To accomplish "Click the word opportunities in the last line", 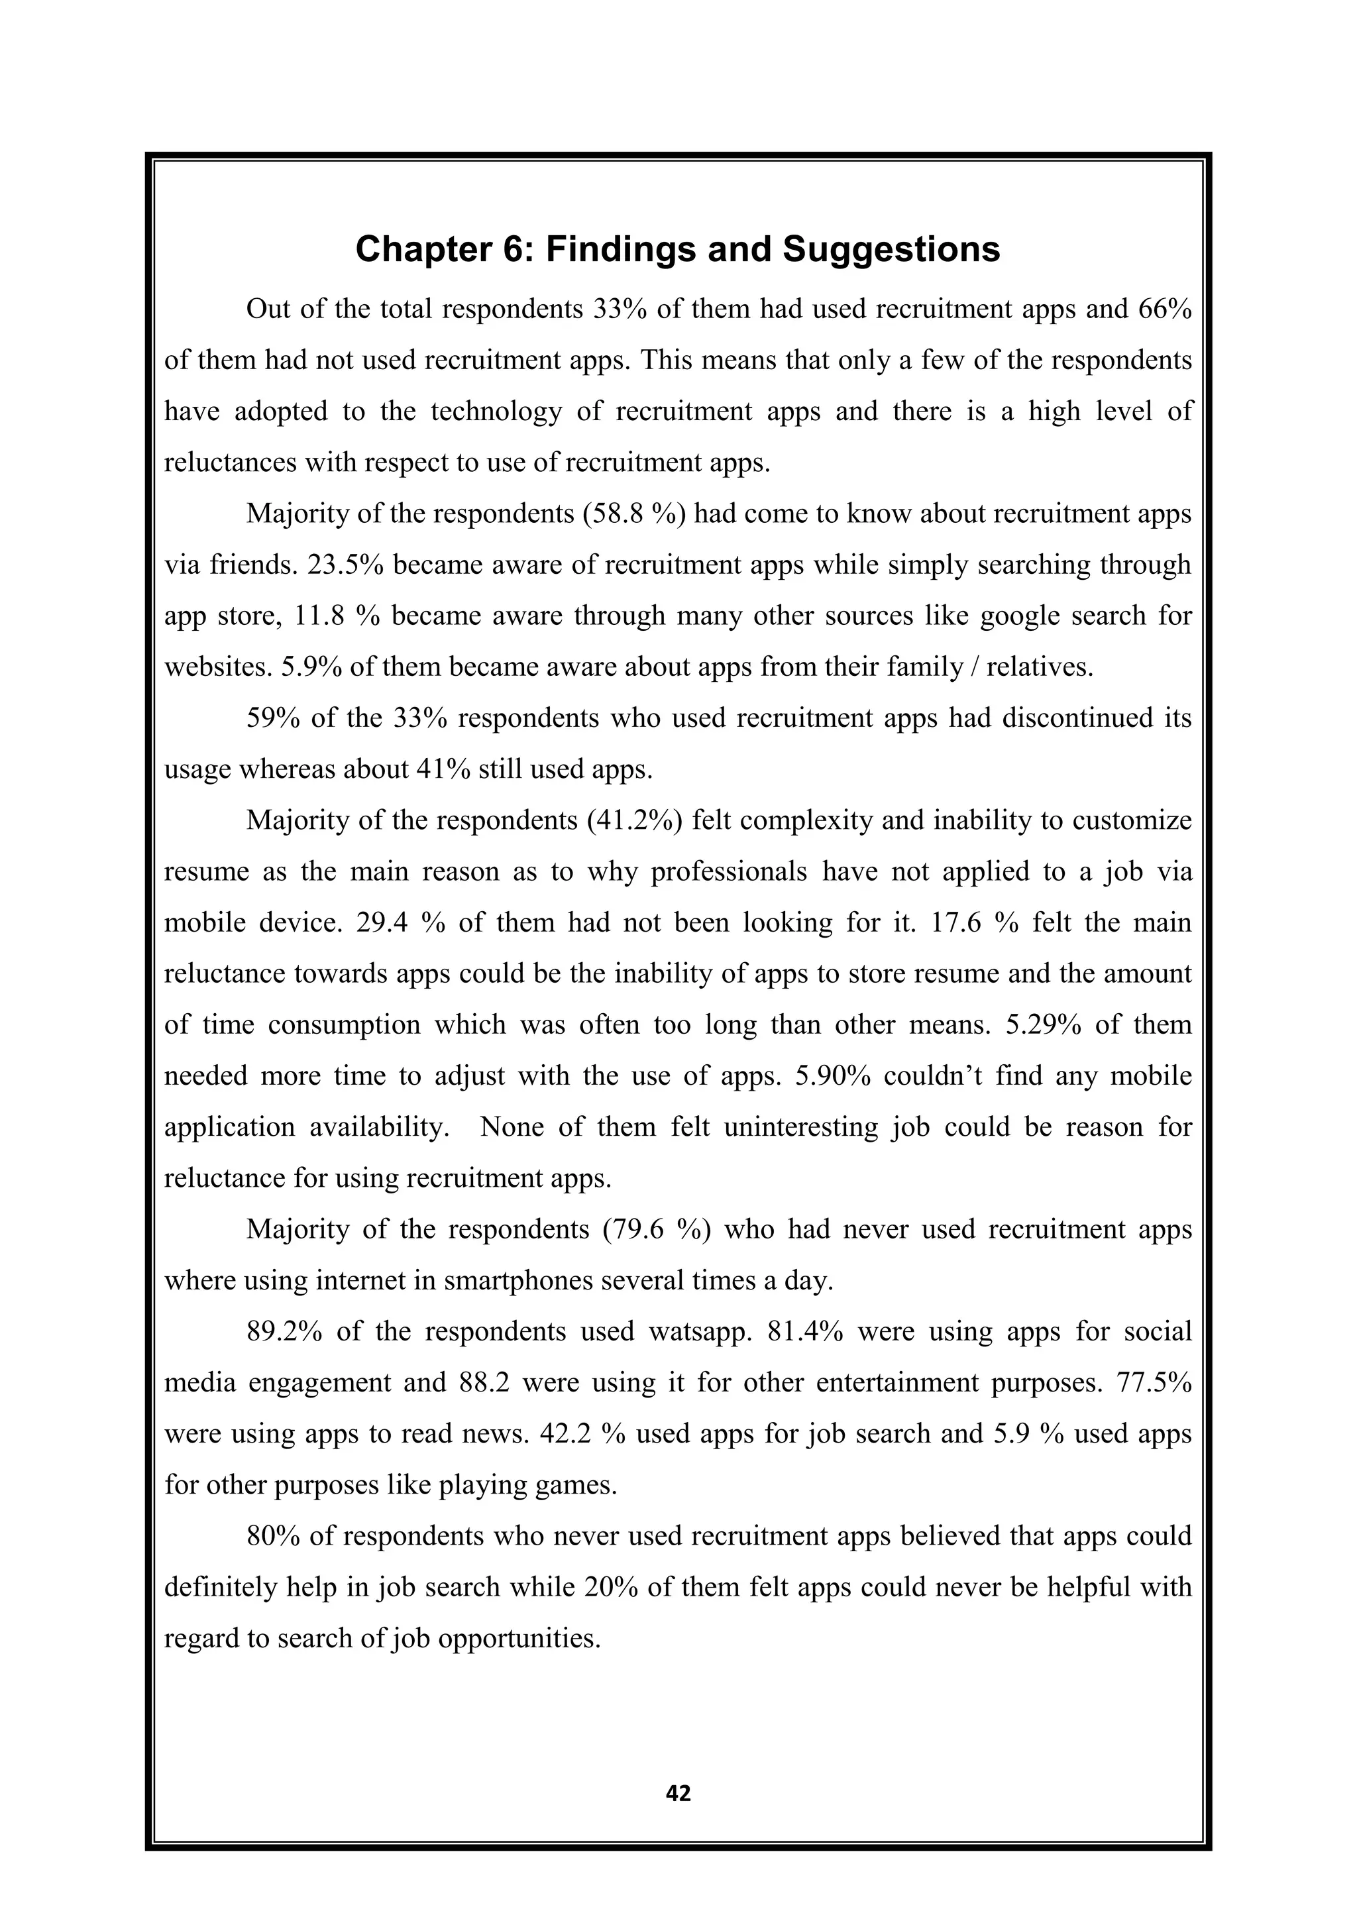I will click(518, 1638).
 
